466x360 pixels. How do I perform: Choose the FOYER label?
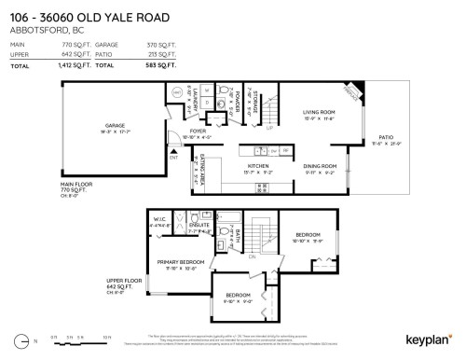tap(197, 132)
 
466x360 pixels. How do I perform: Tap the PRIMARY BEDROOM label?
tap(180, 262)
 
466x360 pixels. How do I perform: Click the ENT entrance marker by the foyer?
tap(174, 158)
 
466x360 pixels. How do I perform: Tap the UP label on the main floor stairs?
tap(270, 128)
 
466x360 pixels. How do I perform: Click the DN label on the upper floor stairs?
tap(252, 255)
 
